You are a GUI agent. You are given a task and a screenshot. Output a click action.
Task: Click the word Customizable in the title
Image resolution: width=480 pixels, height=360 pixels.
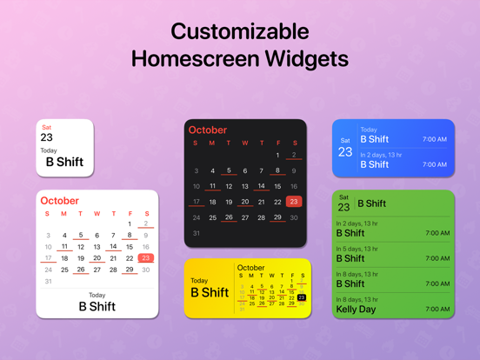tap(239, 31)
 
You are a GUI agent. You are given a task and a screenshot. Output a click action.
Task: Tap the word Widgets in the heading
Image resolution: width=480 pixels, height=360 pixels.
tap(298, 59)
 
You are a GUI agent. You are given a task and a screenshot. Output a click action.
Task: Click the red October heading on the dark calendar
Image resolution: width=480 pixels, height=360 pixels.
tap(208, 130)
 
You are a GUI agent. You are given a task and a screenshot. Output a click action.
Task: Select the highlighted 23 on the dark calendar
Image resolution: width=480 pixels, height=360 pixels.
tap(294, 202)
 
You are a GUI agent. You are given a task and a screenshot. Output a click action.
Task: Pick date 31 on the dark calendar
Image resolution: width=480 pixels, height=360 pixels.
tap(196, 233)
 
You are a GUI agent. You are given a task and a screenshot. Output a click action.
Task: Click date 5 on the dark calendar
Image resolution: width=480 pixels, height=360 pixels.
tap(229, 170)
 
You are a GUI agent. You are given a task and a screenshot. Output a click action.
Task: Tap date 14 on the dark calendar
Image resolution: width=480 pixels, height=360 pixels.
tap(261, 186)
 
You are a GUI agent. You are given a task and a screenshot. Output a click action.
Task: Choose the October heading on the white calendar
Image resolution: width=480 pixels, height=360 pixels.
tap(59, 201)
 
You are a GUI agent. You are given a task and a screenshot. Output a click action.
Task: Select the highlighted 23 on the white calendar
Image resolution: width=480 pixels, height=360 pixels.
tap(145, 258)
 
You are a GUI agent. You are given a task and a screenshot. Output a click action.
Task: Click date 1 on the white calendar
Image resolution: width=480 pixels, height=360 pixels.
tap(130, 223)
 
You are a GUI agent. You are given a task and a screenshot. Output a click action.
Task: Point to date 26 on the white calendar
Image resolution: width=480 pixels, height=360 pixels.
tap(80, 270)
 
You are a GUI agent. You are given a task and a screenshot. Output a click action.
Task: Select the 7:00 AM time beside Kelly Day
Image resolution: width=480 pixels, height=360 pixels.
tap(437, 309)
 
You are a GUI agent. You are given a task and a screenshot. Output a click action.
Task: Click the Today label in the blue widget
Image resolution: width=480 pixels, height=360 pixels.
tap(369, 130)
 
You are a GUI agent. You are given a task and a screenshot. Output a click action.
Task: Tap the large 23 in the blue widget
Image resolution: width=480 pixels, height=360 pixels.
tap(345, 152)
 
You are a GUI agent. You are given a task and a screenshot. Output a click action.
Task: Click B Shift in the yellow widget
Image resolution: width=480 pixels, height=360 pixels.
tap(209, 293)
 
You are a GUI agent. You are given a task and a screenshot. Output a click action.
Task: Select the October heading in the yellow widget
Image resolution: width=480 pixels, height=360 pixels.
tap(251, 268)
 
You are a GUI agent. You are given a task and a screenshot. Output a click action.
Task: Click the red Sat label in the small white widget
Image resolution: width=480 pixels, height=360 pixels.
tap(46, 127)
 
